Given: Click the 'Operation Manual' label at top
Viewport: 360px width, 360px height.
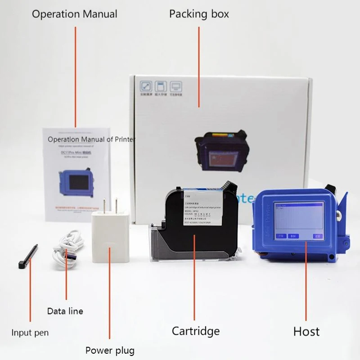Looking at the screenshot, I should coord(74,14).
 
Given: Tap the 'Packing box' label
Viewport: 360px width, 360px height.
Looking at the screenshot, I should coord(199,14).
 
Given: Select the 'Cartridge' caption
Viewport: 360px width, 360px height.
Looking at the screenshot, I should coord(196,331).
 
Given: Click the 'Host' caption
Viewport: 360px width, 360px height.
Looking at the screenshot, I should coord(306,332).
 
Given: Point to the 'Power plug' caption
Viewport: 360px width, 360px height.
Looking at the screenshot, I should coord(110,350).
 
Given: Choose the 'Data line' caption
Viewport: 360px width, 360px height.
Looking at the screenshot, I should coord(65,311).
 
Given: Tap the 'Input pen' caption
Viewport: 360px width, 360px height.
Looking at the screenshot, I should coord(30,333).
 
